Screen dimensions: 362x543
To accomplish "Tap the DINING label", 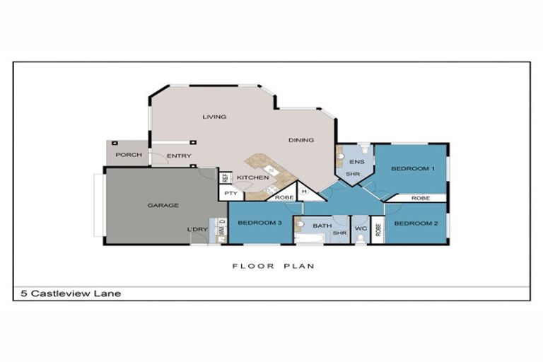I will [x=301, y=140].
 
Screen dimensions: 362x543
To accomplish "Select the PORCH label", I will [x=129, y=155].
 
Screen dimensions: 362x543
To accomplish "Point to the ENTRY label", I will [x=179, y=156].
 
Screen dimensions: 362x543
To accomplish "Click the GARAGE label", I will [x=163, y=206].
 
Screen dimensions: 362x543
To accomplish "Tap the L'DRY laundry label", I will [x=197, y=230].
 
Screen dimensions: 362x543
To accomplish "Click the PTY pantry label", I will [x=230, y=194].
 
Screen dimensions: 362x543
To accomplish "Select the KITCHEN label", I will [x=252, y=177].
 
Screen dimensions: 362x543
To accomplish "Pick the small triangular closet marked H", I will [x=304, y=192].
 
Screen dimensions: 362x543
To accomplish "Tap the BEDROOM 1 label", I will [x=412, y=169].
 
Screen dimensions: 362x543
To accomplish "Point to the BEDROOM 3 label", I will [x=259, y=223].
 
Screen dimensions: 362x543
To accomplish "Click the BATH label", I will [x=322, y=226].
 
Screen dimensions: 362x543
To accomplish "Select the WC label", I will [x=360, y=229].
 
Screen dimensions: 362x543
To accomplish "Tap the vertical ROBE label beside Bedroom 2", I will [x=378, y=230].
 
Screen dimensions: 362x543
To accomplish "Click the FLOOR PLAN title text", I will [x=273, y=267].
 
